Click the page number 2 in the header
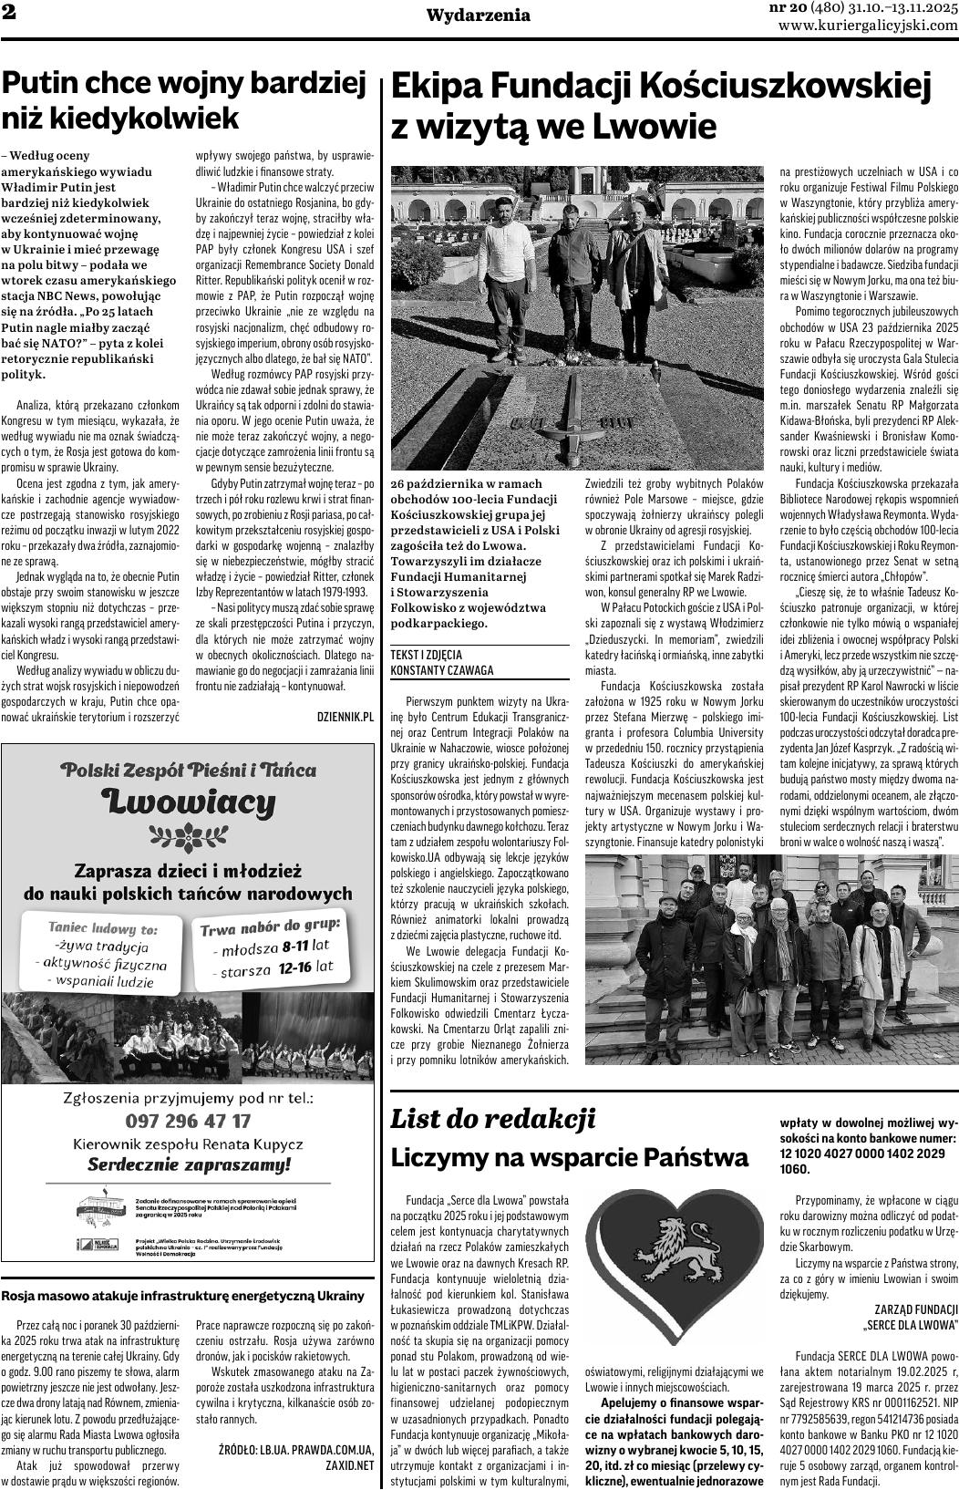pyautogui.click(x=9, y=16)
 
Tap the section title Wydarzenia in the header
pyautogui.click(x=479, y=16)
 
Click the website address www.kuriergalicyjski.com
pyautogui.click(x=868, y=26)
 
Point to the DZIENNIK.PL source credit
pyautogui.click(x=345, y=691)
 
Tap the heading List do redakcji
pyautogui.click(x=493, y=1118)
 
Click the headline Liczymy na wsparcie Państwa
pyautogui.click(x=570, y=1157)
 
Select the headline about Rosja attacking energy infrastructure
pyautogui.click(x=183, y=1295)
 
